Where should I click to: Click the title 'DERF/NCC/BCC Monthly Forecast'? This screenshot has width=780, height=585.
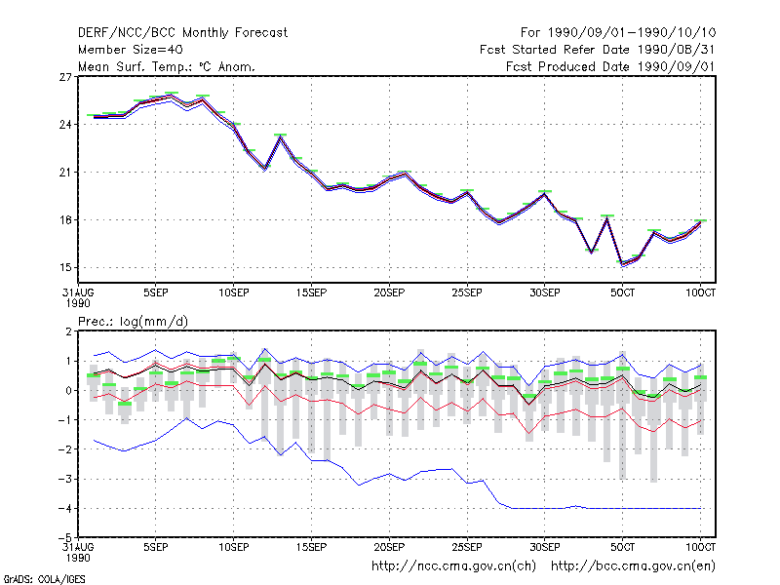[182, 33]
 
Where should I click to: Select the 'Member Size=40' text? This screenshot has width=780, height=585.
[131, 50]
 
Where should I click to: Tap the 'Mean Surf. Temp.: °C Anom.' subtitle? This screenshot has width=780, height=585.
[167, 66]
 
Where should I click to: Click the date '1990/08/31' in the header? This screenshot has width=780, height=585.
[676, 50]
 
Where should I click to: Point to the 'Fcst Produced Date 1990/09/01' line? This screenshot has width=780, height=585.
[610, 66]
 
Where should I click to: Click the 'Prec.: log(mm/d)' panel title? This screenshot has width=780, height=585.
[133, 322]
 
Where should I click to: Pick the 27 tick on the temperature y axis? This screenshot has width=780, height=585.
[65, 77]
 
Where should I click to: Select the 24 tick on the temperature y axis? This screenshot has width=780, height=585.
[65, 125]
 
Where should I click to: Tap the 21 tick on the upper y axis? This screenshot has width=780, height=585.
[65, 173]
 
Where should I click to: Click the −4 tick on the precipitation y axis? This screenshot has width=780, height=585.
[64, 508]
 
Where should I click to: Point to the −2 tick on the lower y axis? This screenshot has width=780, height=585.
[64, 449]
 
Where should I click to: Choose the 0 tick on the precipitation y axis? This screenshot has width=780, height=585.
[68, 391]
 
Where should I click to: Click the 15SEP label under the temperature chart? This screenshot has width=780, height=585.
[311, 293]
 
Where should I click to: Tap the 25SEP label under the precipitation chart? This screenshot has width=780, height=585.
[467, 547]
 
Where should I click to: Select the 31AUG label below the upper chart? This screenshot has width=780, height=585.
[78, 293]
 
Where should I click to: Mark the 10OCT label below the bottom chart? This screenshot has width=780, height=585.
[700, 547]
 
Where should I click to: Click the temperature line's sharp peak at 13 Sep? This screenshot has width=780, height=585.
[281, 136]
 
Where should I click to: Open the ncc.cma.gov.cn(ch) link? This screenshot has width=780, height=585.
[453, 566]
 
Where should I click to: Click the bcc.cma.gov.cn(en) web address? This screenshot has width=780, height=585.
[633, 566]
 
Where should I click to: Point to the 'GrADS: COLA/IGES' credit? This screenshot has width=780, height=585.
[44, 579]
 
